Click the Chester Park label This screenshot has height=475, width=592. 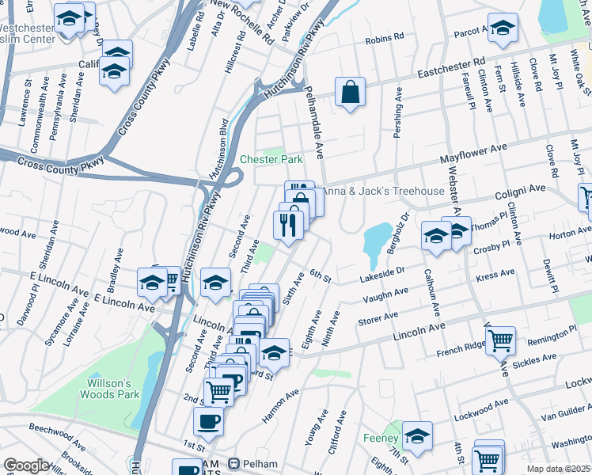(x=271, y=159)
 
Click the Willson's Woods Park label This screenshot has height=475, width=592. (x=109, y=388)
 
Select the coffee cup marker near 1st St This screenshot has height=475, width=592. (x=208, y=421)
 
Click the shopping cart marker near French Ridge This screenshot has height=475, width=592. (x=500, y=340)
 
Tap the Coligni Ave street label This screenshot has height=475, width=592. (x=521, y=191)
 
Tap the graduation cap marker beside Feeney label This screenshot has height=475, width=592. (x=417, y=435)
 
